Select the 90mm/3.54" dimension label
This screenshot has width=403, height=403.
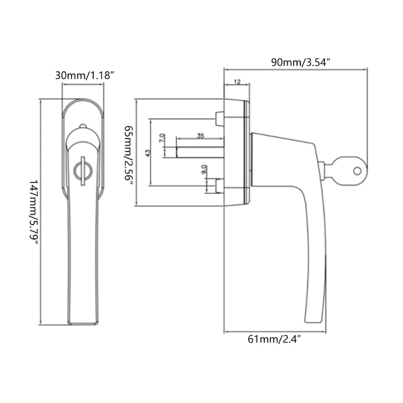[x=300, y=63]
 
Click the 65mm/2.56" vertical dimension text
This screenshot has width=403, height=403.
[x=128, y=156]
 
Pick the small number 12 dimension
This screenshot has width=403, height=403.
[x=237, y=81]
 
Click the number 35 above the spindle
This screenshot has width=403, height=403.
[x=200, y=136]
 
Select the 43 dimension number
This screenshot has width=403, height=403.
[x=148, y=153]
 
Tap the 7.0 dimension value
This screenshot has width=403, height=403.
[x=162, y=138]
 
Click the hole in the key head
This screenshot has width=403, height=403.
[x=357, y=171]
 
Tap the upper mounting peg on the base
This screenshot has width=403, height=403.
[x=219, y=119]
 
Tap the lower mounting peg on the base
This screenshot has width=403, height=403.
[x=219, y=186]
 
